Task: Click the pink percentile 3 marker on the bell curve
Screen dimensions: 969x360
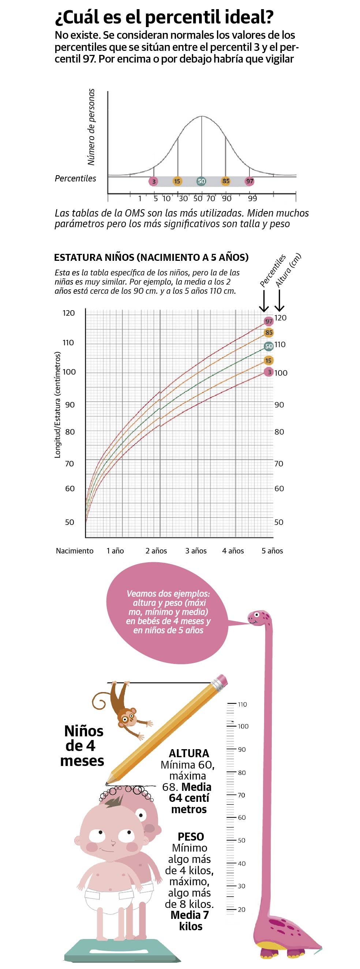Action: [x=154, y=181]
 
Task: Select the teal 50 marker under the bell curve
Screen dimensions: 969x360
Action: [x=201, y=181]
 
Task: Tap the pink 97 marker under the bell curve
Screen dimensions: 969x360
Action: [x=250, y=181]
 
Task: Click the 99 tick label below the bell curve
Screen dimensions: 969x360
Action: [x=252, y=199]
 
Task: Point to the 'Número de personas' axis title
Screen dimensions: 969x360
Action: [x=91, y=127]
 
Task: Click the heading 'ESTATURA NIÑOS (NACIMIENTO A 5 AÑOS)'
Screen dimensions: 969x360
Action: [x=151, y=258]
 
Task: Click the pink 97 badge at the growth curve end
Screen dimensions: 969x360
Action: [x=268, y=321]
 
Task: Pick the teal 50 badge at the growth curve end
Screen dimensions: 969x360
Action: [x=268, y=346]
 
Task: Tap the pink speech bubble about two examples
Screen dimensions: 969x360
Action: [x=168, y=612]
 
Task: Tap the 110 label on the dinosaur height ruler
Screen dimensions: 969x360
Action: [x=242, y=705]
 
